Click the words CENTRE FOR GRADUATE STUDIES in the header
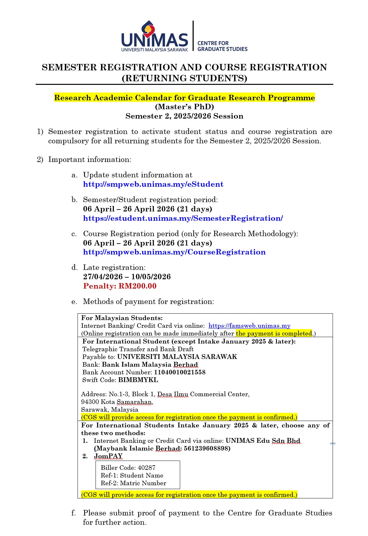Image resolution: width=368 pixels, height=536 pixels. [222, 46]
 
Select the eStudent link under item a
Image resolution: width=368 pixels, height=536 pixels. [153, 184]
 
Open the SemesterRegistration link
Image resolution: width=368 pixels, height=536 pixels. [183, 218]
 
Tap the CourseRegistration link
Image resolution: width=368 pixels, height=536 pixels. [174, 252]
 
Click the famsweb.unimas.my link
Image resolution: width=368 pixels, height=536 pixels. [249, 326]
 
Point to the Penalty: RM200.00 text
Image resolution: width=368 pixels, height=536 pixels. [120, 286]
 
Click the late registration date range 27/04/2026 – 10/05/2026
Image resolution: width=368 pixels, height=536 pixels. [127, 277]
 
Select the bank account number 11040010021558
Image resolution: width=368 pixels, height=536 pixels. [179, 372]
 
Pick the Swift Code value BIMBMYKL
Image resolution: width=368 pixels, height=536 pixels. [138, 380]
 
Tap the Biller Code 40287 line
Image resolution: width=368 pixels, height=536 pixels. [128, 468]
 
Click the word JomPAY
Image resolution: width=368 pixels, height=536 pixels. [108, 456]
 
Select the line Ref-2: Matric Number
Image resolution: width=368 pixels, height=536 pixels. [133, 483]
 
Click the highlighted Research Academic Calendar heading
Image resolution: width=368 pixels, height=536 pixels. [184, 98]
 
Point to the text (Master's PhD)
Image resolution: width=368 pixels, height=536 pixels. [184, 107]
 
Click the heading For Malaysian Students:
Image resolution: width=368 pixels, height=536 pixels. [122, 318]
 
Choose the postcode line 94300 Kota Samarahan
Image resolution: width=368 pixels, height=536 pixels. [117, 402]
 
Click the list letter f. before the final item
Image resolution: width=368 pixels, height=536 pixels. [74, 513]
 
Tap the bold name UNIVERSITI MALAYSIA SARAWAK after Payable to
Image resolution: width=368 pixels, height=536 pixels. [177, 357]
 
